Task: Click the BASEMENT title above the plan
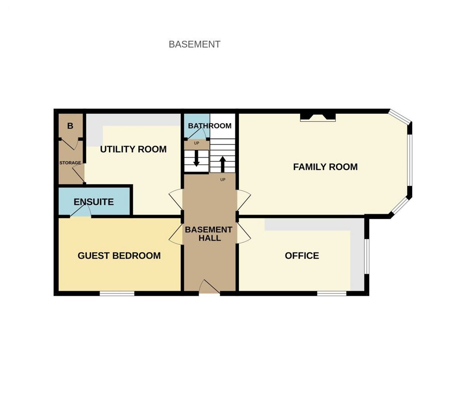[194, 44]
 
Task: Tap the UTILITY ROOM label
[133, 149]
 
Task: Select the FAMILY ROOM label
[325, 167]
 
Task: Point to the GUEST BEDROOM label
[119, 255]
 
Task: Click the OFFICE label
[302, 255]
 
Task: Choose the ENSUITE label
[94, 202]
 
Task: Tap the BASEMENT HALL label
[209, 234]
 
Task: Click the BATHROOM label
[209, 126]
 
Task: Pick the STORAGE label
[70, 163]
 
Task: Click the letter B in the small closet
[70, 126]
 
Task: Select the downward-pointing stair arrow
[197, 158]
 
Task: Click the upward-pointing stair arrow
[223, 164]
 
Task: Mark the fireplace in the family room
[317, 117]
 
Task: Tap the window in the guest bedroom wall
[117, 294]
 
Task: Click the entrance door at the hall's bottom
[209, 287]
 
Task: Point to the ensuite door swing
[81, 210]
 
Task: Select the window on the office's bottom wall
[332, 294]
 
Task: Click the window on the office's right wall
[366, 256]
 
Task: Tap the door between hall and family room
[244, 200]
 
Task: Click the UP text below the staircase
[223, 179]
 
